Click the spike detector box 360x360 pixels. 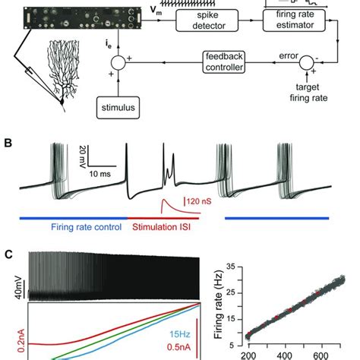pos(207,21)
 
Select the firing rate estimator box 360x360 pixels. pos(294,21)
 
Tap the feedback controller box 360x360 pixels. pos(224,62)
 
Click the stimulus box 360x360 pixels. pos(118,108)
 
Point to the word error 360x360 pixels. pos(289,55)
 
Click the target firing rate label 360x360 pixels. pos(308,93)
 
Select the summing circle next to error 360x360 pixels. pos(307,62)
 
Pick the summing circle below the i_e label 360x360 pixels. pos(118,62)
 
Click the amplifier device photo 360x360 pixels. pos(83,17)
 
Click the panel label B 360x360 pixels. pos(8,144)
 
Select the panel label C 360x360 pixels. pos(8,254)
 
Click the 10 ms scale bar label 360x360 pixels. pos(99,174)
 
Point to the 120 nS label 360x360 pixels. pos(199,201)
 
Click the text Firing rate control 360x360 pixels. pos(87,227)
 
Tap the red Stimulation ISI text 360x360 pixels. pos(161,227)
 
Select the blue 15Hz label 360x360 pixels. pos(180,334)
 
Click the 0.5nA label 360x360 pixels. pos(178,347)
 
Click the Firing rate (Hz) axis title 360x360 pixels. pos(219,305)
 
